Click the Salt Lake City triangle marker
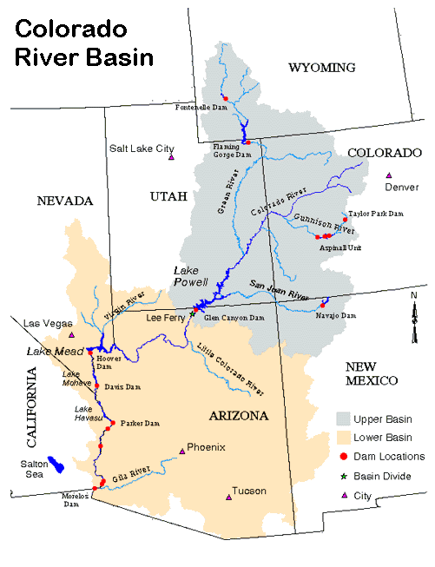(x=172, y=157)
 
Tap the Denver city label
(x=400, y=187)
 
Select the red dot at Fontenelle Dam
(x=224, y=96)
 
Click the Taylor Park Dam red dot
(x=346, y=220)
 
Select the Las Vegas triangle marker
(x=72, y=334)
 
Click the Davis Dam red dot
(x=97, y=386)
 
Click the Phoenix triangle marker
(x=181, y=451)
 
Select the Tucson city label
(x=249, y=491)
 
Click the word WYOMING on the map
(x=322, y=68)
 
